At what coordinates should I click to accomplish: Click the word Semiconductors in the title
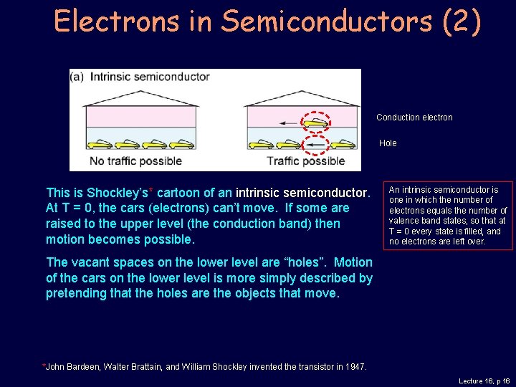(326, 21)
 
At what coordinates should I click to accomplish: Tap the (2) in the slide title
(462, 21)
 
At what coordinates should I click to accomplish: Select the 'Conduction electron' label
(414, 118)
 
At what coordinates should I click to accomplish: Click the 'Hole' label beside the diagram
(388, 143)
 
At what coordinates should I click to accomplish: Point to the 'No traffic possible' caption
(136, 161)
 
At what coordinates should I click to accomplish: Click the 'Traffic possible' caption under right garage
(305, 161)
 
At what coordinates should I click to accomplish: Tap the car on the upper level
(316, 123)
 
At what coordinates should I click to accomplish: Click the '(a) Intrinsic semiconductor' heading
(140, 77)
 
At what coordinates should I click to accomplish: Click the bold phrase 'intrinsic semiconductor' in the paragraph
(302, 193)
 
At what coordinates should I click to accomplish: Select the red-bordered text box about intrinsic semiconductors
(448, 216)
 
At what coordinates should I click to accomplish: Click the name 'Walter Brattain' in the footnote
(134, 367)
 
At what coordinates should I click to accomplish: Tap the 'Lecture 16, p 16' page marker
(483, 381)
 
